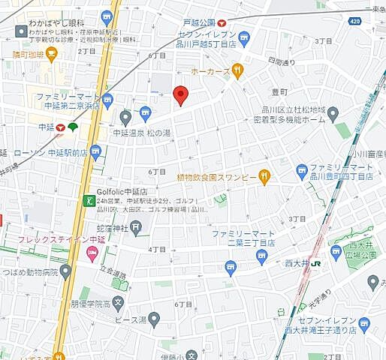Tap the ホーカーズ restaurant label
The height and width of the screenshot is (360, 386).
[x=209, y=71]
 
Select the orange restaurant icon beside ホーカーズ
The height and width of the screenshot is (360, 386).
[x=237, y=71]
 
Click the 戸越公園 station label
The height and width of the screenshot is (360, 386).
[x=198, y=23]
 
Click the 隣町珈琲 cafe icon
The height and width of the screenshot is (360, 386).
[x=51, y=53]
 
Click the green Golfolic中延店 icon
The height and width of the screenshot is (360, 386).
[x=89, y=201]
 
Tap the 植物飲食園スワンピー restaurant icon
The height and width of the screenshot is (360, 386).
[x=264, y=177]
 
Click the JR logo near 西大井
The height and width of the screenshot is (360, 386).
[x=318, y=264]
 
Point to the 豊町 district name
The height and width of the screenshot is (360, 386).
[x=280, y=92]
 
